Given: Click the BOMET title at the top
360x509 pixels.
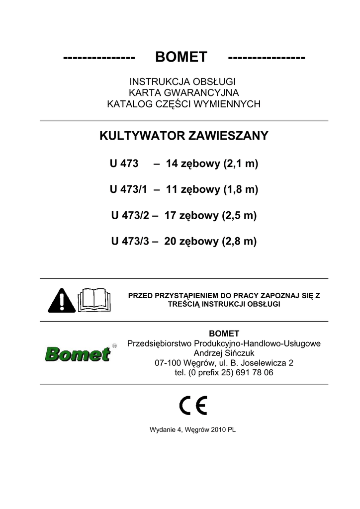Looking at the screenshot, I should point(181,58).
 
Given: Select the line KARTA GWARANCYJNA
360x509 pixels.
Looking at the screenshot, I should point(183,93).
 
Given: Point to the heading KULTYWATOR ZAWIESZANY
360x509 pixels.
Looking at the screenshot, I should point(184,136).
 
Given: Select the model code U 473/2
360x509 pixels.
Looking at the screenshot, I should point(128,216).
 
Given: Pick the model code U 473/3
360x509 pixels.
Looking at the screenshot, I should point(128,242).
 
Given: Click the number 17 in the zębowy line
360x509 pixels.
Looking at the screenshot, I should point(171,216).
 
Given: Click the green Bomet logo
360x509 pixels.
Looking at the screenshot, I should point(77,354).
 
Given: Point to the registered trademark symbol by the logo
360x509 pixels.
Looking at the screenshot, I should point(114,345).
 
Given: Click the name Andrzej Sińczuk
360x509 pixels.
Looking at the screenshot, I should point(224,353).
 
